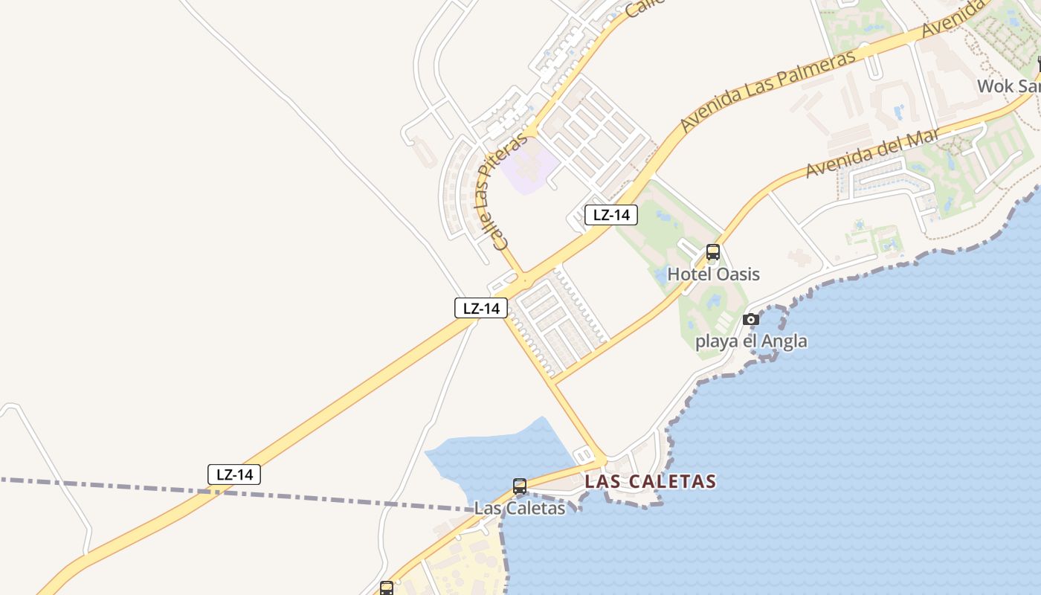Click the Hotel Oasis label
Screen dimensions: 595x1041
[x=713, y=274]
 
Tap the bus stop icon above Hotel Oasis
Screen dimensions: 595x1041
[x=713, y=252]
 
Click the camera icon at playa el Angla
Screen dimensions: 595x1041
[x=751, y=319]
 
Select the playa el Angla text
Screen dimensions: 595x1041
[x=751, y=342]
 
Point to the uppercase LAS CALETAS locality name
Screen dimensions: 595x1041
[x=651, y=481]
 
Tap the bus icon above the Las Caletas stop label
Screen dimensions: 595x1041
[x=520, y=486]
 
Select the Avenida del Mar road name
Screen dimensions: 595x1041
[x=871, y=152]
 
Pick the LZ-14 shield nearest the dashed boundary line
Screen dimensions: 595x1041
[x=234, y=475]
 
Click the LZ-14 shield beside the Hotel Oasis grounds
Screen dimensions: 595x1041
[x=611, y=216]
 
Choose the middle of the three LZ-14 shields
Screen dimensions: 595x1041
[x=481, y=308]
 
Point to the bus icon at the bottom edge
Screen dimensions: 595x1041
[x=387, y=588]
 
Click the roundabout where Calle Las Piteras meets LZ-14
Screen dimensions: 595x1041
[x=523, y=281]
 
